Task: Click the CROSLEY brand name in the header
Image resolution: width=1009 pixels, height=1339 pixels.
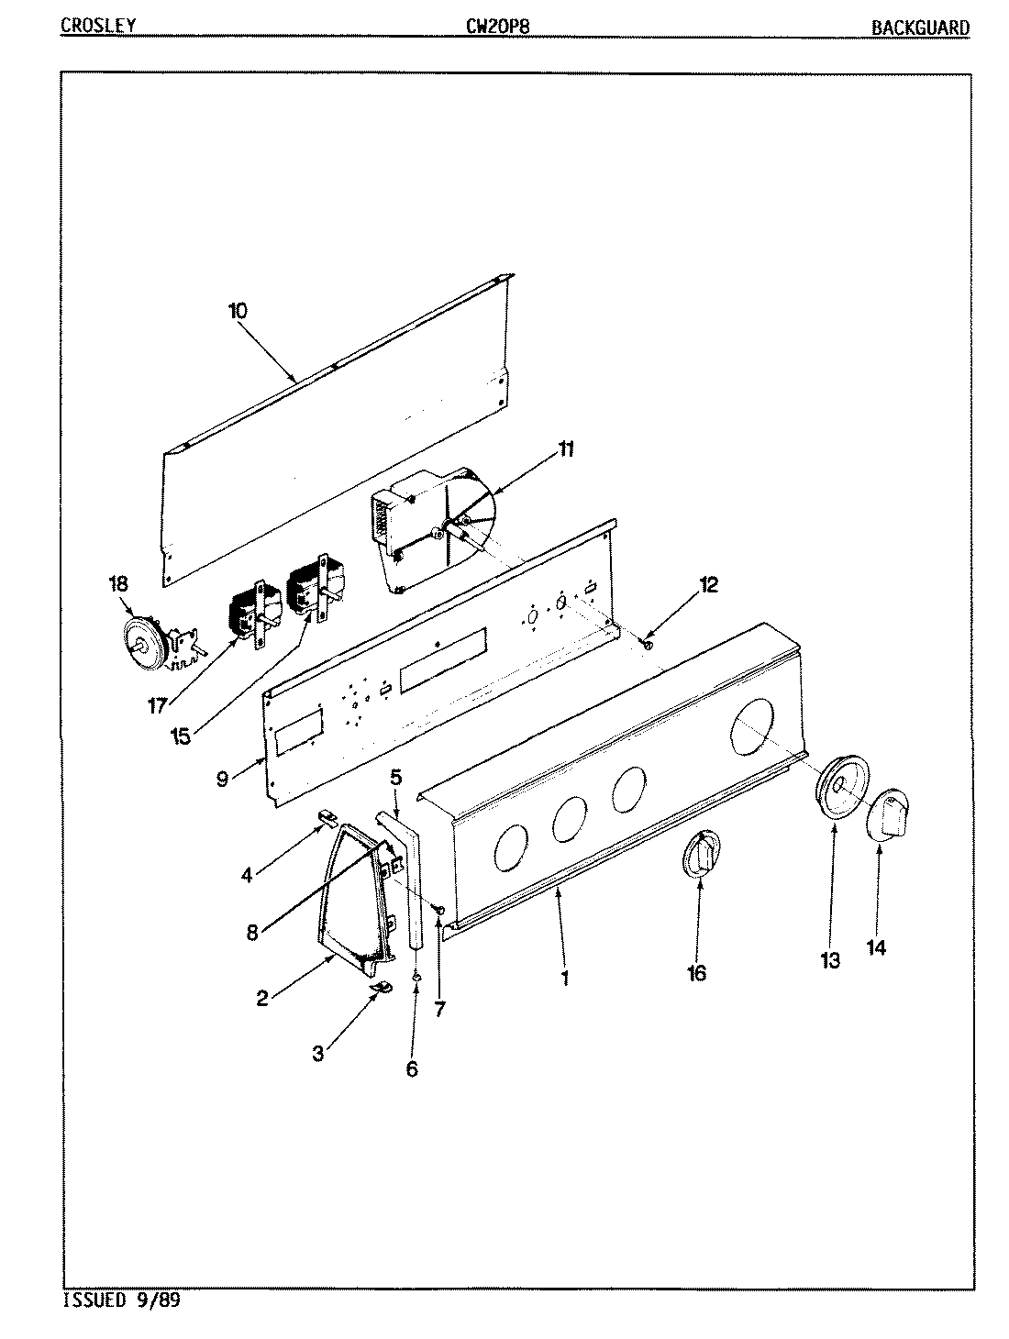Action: click(98, 26)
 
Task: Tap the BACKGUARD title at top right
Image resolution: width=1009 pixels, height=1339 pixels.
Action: click(919, 27)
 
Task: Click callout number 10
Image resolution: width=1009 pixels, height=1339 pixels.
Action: click(238, 310)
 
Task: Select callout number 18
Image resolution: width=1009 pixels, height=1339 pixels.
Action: click(119, 583)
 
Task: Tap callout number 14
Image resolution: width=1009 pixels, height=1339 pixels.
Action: click(876, 947)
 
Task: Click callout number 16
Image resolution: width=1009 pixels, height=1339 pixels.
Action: click(696, 973)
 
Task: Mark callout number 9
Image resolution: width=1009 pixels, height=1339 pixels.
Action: click(223, 779)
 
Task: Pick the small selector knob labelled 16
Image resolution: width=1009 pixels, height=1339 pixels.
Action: click(701, 856)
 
